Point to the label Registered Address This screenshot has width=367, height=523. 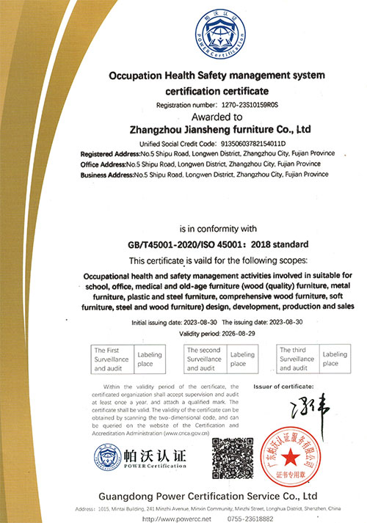click(x=109, y=153)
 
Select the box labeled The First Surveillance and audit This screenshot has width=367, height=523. click(x=111, y=359)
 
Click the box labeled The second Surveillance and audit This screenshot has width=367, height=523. click(x=204, y=359)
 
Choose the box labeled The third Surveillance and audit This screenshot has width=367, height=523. click(x=297, y=359)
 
